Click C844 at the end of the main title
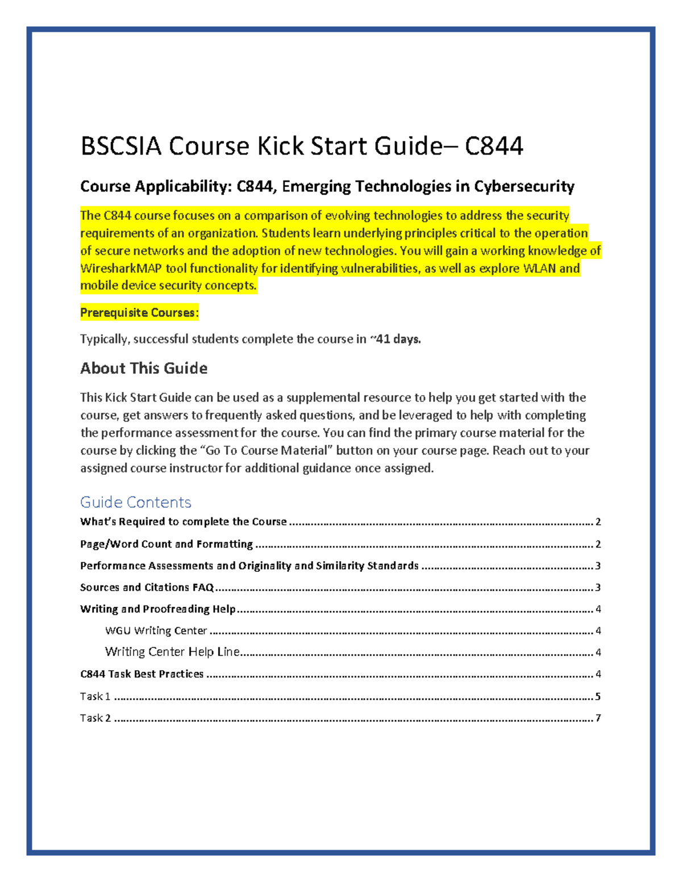494,147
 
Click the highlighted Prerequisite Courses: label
139,312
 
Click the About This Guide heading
144,368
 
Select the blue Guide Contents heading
135,502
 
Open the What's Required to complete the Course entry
183,521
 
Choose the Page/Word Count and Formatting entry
166,544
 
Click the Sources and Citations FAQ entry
147,587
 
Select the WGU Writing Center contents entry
156,630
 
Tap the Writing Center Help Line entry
172,652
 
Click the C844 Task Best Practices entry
142,674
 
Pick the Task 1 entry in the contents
95,696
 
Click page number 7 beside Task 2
598,718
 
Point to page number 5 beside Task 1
598,696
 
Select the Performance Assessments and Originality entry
249,566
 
